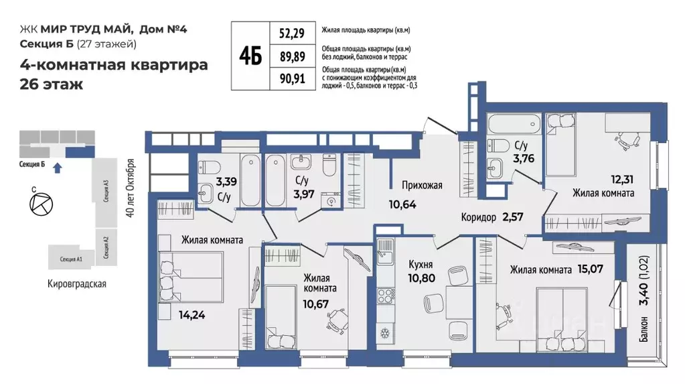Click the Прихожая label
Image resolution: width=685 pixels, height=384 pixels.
[x=422, y=186]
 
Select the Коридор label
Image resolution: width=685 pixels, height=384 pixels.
[x=479, y=217]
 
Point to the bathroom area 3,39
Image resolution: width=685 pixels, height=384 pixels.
[x=225, y=181]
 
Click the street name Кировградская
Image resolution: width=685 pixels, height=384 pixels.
[x=77, y=283]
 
